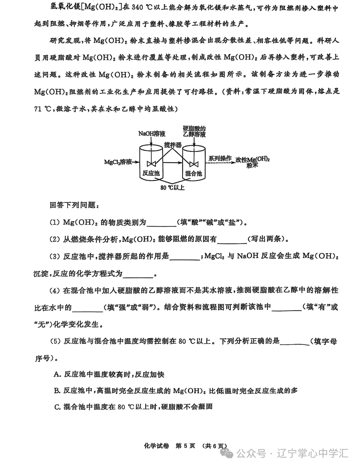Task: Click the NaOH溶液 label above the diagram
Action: [152, 134]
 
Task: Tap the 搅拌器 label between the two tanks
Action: [173, 145]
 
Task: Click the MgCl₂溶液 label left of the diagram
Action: [118, 162]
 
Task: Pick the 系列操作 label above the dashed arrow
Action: [219, 158]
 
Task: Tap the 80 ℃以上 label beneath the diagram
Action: [172, 188]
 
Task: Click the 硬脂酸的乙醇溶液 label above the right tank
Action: [194, 131]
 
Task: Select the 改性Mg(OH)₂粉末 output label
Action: [252, 162]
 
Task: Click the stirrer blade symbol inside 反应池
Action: [151, 164]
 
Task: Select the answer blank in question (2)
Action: [232, 240]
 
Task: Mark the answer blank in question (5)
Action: [294, 342]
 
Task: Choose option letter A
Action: [58, 375]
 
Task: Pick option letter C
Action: [58, 407]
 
